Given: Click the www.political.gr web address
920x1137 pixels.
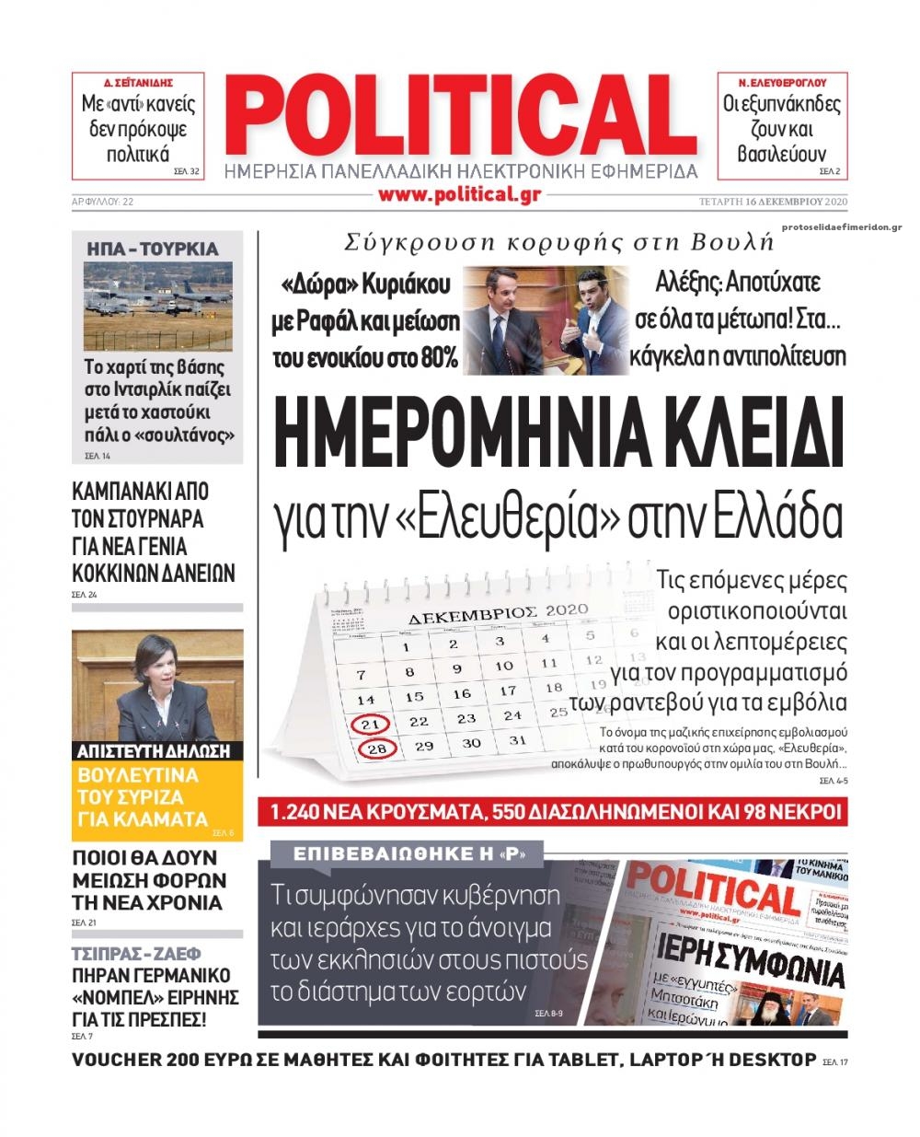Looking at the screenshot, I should tap(458, 193).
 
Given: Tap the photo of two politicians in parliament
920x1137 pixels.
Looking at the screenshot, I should tap(546, 319).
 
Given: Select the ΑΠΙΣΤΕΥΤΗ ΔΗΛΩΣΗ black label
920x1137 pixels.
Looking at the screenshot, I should tap(153, 750).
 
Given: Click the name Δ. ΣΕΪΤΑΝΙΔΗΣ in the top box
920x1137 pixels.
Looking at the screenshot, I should tap(138, 81).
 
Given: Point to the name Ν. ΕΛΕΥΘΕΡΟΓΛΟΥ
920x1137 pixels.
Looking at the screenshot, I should tap(782, 81).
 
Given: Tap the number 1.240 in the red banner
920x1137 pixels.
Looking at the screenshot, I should tap(300, 812).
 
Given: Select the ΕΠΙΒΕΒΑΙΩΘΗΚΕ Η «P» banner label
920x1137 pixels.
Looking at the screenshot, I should tap(408, 854).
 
